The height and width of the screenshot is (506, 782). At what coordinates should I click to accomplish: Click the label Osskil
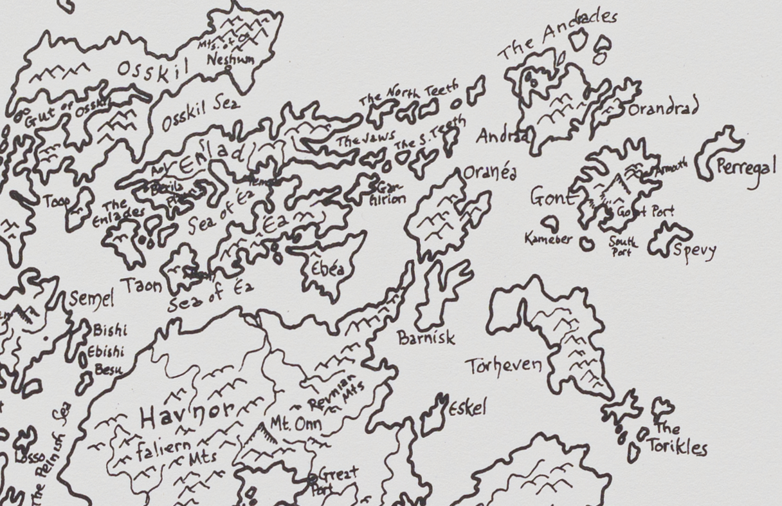tap(152, 71)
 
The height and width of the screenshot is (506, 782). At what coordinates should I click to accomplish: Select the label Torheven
tap(504, 366)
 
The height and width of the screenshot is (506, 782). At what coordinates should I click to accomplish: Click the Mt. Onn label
tap(295, 426)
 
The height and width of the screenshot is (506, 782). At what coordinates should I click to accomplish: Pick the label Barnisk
tap(426, 337)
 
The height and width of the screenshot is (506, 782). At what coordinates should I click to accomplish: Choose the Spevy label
tap(693, 250)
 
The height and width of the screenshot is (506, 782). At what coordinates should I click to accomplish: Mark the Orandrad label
tap(663, 109)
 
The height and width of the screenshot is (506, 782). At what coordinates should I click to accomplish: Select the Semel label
tap(91, 299)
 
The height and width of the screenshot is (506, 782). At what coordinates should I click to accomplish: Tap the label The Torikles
tap(675, 439)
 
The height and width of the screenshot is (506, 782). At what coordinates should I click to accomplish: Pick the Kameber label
tap(548, 239)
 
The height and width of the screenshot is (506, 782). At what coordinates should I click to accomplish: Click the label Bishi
tap(110, 332)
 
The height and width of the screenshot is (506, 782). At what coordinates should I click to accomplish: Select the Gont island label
tap(552, 198)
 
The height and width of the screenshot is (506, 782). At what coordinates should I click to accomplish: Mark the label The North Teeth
tap(409, 94)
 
